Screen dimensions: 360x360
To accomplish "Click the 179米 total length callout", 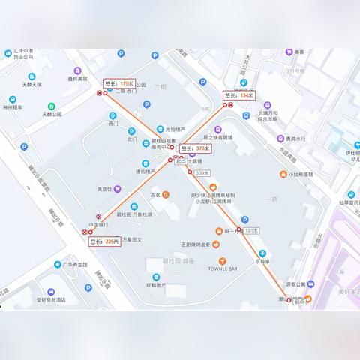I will [118, 83].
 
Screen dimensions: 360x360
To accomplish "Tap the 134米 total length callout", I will [240, 95].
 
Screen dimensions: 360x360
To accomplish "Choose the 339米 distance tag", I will [201, 173].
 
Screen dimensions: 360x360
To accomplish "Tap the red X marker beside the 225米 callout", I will [85, 232].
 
